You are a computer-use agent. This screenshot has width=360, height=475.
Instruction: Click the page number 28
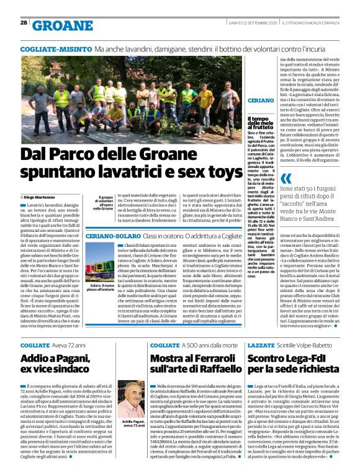point(24,22)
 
